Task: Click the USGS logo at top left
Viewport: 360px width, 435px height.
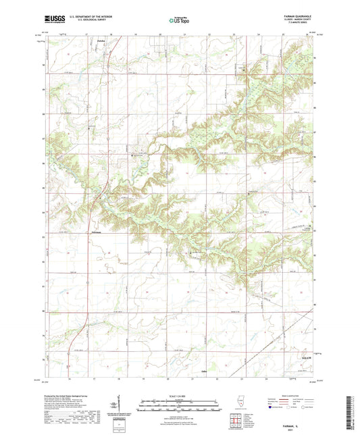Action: click(53, 20)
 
